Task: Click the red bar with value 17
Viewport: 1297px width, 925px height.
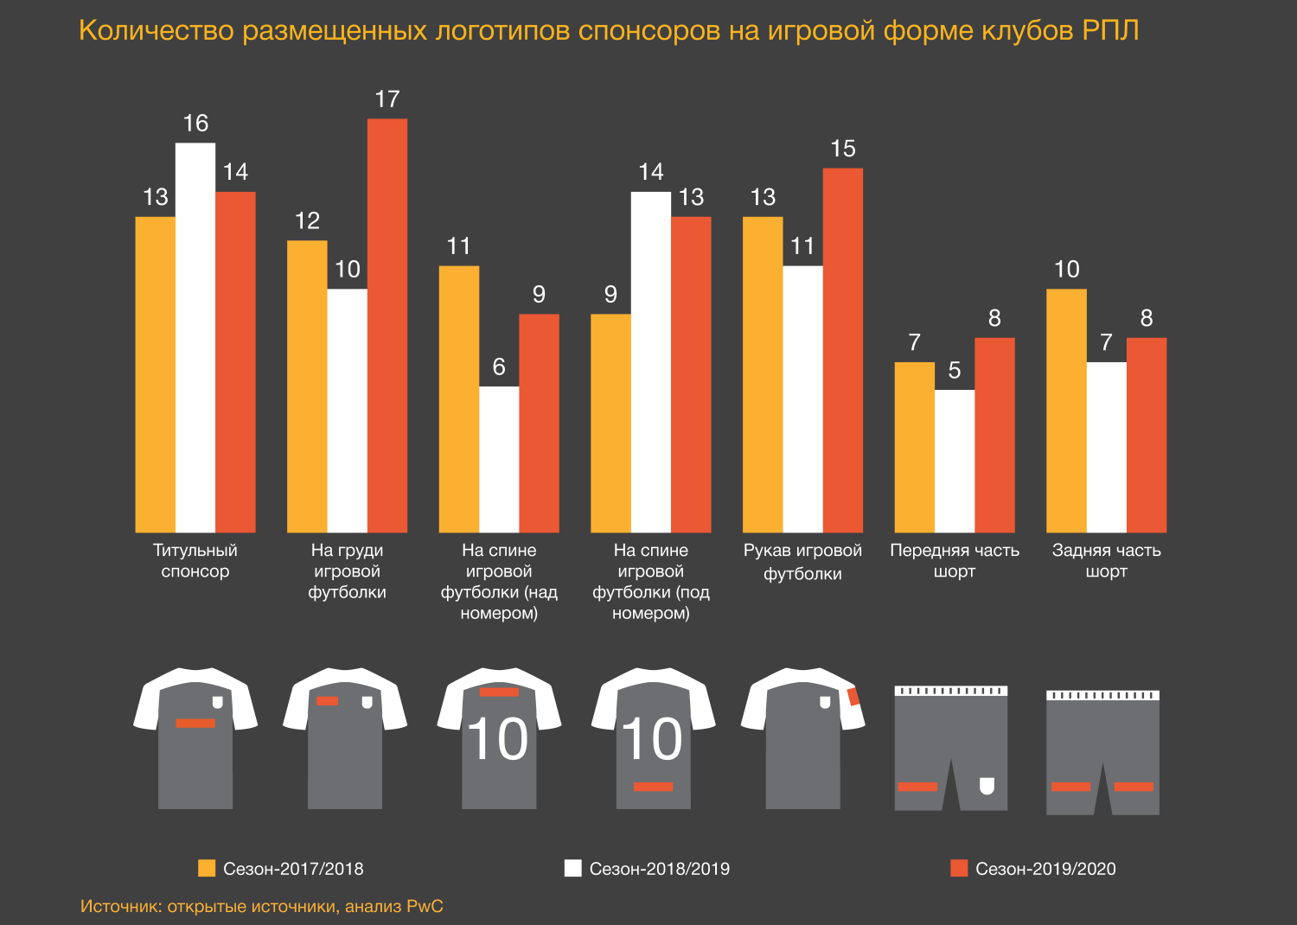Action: coord(387,325)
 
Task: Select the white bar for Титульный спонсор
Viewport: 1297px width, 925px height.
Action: coord(195,337)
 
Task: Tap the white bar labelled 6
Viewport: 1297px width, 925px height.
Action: coord(499,459)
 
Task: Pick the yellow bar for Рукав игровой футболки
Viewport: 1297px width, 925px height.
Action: coord(763,374)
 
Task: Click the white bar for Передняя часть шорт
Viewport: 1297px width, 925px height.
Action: coord(955,461)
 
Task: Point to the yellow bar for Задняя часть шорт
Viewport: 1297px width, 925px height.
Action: coord(1066,411)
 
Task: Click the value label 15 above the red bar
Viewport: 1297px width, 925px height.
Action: coord(843,149)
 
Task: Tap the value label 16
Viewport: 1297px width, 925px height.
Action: coord(195,124)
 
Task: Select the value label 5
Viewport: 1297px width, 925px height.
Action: coord(955,371)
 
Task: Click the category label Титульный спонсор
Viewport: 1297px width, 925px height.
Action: coord(195,560)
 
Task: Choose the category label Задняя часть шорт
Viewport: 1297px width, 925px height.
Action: coord(1106,560)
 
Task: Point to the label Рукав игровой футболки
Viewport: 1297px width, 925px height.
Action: coord(802,562)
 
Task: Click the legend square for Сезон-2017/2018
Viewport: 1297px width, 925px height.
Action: coord(207,868)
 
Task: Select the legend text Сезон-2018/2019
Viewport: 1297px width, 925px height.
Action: coord(659,869)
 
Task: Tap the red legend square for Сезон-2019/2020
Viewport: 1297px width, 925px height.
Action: coord(959,868)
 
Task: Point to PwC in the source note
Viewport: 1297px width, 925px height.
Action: coord(425,906)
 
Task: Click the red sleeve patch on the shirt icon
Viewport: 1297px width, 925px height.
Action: coord(853,697)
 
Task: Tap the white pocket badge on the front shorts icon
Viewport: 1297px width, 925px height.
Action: coord(987,785)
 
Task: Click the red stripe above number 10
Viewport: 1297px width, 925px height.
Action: coord(499,692)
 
